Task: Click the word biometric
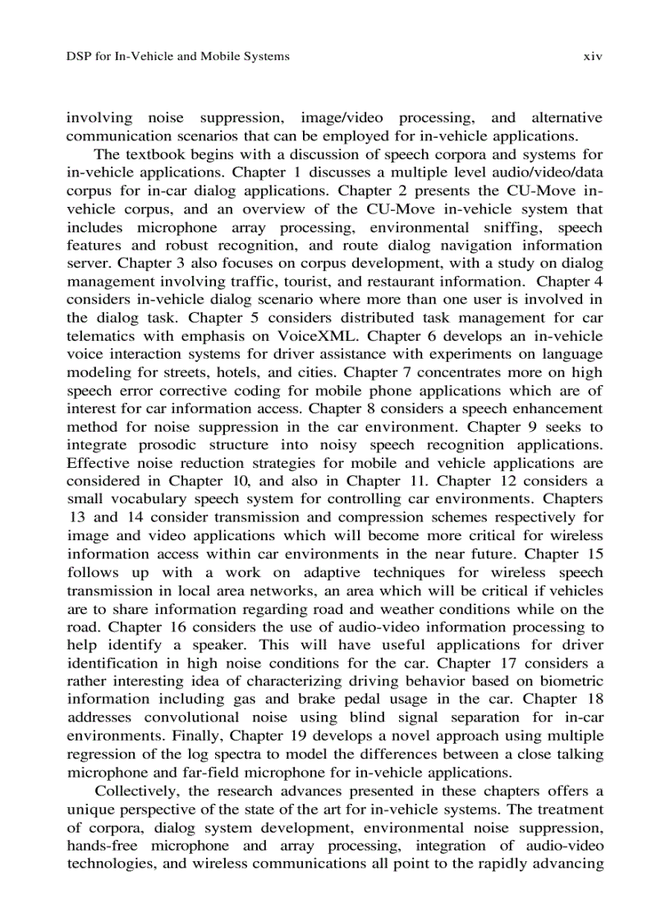click(x=567, y=681)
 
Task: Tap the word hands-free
click(x=103, y=845)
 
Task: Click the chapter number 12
click(x=507, y=480)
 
